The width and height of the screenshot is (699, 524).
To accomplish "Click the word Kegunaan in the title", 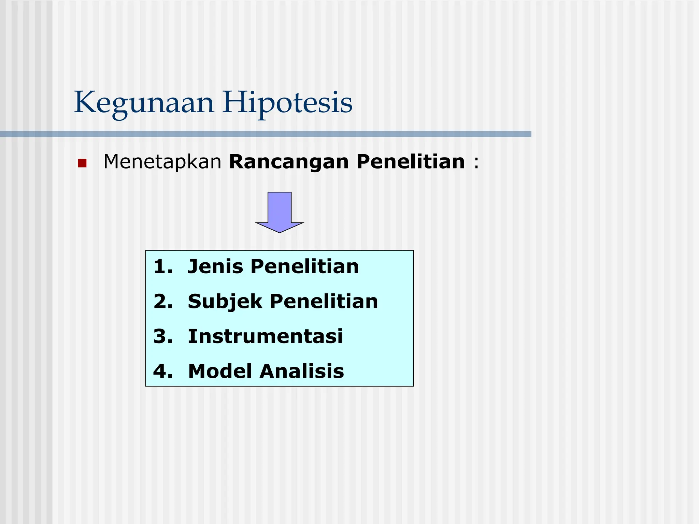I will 144,103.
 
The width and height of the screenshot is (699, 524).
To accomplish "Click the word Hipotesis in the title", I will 287,103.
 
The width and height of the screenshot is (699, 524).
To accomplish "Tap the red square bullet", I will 82,163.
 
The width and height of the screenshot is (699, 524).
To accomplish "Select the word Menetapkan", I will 162,162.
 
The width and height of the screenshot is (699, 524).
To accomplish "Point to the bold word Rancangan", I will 289,162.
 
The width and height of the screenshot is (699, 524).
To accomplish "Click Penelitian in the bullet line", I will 410,162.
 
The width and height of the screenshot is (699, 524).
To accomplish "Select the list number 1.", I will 162,267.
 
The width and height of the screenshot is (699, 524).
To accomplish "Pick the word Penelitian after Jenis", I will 304,267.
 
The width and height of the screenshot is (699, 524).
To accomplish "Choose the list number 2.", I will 163,302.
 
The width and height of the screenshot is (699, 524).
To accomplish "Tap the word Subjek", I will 225,302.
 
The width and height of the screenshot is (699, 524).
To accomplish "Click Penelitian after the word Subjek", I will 324,302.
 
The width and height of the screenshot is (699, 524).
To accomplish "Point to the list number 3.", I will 163,336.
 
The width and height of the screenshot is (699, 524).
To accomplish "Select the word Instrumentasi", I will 265,336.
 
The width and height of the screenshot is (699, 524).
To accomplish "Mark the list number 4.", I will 163,371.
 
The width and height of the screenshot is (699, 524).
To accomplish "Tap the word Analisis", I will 302,371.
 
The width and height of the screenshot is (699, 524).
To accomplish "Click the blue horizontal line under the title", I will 266,134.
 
